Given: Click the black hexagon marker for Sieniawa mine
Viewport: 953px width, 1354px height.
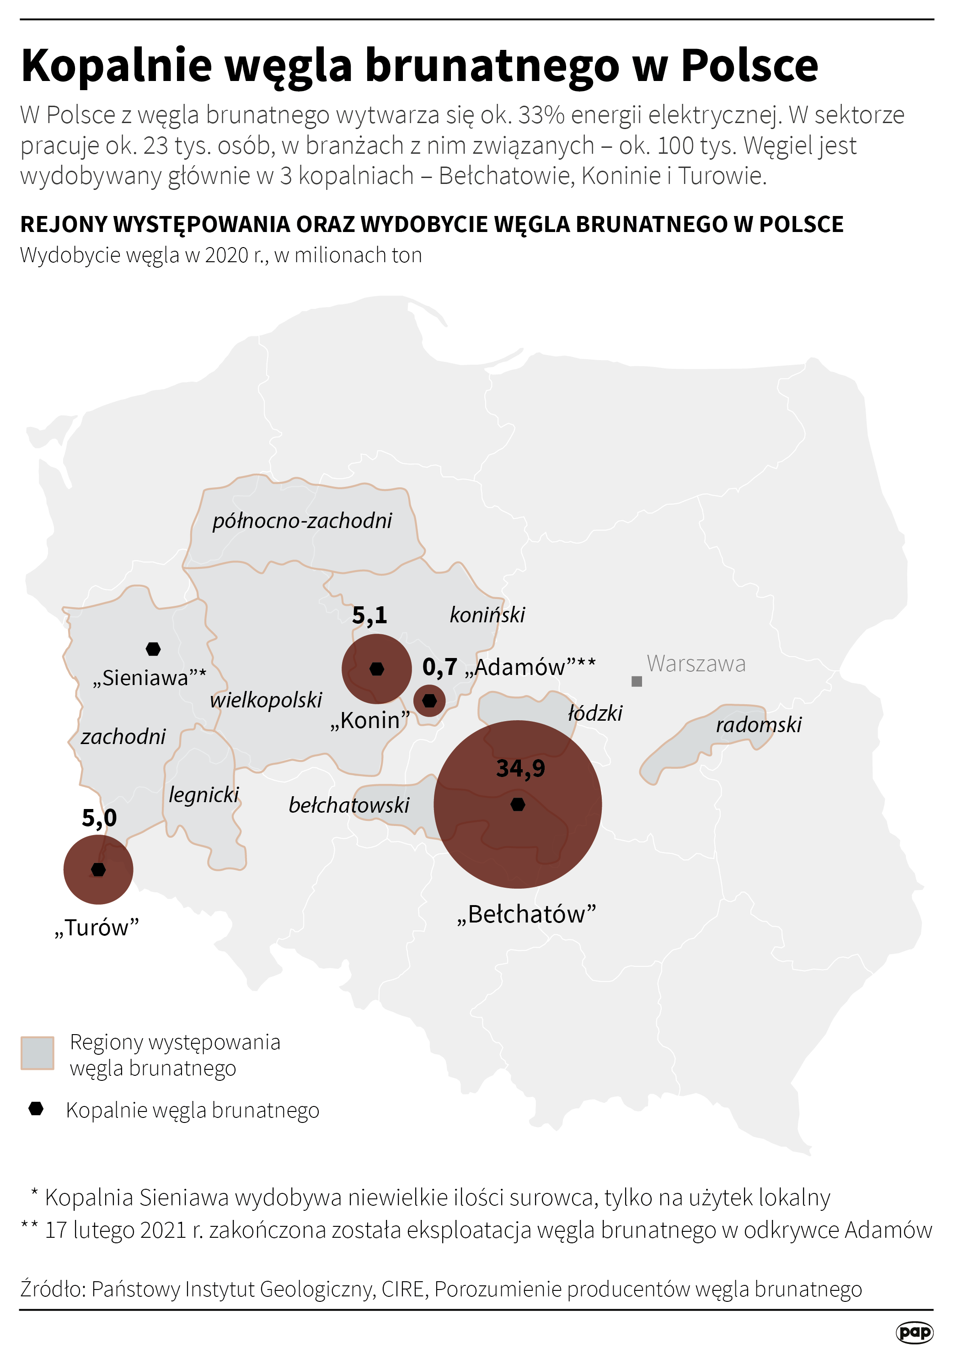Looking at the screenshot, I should (x=153, y=649).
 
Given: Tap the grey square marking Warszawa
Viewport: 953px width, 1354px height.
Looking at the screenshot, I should (x=637, y=681).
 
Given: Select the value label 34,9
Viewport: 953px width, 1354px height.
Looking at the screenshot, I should (x=520, y=768).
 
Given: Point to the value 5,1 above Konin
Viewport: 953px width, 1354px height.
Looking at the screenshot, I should (x=369, y=615).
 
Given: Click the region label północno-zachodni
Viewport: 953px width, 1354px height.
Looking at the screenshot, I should (x=302, y=521).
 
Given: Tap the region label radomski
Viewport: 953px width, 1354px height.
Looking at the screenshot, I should (x=759, y=725).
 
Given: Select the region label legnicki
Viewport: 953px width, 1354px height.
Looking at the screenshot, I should (x=204, y=795).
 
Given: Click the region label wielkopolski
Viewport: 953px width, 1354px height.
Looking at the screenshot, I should (x=266, y=700).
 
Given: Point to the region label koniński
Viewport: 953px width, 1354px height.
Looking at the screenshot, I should (x=487, y=615).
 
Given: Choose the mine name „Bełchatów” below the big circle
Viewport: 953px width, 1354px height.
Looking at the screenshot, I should (x=526, y=915).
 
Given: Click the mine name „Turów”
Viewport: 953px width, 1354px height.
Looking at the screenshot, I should (x=96, y=928).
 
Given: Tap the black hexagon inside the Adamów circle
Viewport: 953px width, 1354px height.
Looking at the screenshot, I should (x=430, y=701).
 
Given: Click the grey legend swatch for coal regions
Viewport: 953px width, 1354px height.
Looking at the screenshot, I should (x=37, y=1052).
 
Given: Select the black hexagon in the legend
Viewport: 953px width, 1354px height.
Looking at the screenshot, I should (x=37, y=1109).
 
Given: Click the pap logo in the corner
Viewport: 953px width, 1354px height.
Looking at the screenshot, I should (x=914, y=1332).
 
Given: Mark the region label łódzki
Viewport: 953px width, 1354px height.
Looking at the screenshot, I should (x=594, y=713).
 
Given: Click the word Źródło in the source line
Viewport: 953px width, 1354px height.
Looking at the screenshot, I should (x=53, y=1289).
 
